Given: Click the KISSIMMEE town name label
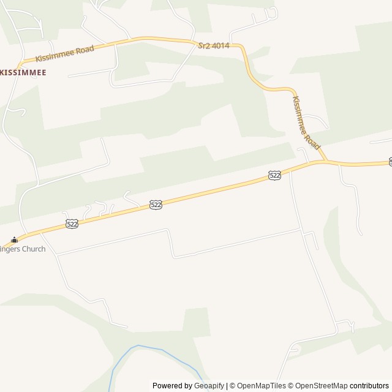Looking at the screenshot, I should pyautogui.click(x=23, y=72).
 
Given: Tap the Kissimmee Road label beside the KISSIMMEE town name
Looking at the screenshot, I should pyautogui.click(x=65, y=53).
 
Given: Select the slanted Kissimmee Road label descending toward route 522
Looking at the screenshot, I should pyautogui.click(x=306, y=123).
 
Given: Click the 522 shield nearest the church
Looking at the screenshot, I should pyautogui.click(x=72, y=224).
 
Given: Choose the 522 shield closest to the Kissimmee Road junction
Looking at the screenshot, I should pyautogui.click(x=275, y=176).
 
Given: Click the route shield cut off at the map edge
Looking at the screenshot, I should pyautogui.click(x=390, y=162).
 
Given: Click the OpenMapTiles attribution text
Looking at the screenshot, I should pyautogui.click(x=261, y=386).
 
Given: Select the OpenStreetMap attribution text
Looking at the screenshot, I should pyautogui.click(x=322, y=386).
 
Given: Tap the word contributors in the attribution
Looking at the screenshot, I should pyautogui.click(x=369, y=386).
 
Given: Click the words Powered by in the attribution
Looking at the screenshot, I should pyautogui.click(x=172, y=386).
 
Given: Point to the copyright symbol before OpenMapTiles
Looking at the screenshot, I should pyautogui.click(x=230, y=386).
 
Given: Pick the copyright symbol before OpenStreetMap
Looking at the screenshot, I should pyautogui.click(x=292, y=386).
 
